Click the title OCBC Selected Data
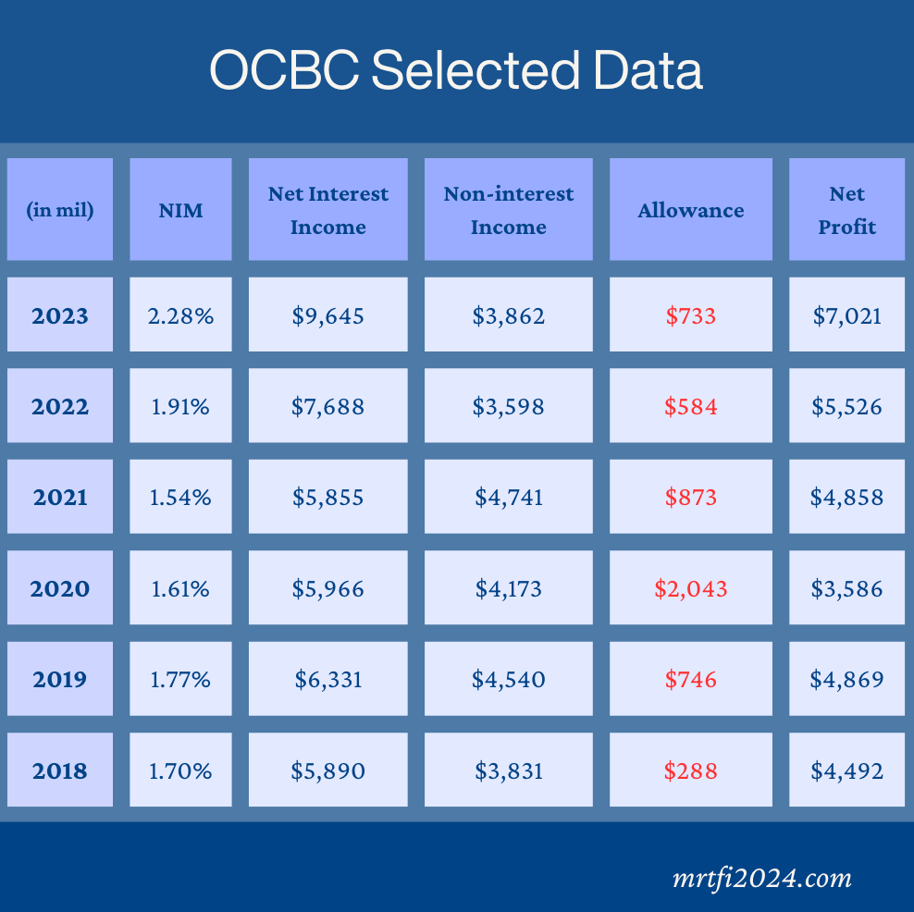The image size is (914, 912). pyautogui.click(x=456, y=71)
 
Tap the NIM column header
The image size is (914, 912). pyautogui.click(x=180, y=210)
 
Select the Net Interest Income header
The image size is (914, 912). pyautogui.click(x=328, y=210)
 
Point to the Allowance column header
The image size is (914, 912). pyautogui.click(x=690, y=210)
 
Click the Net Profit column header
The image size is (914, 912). pyautogui.click(x=846, y=210)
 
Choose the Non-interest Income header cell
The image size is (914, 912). pyautogui.click(x=509, y=210)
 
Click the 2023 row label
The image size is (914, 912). pyautogui.click(x=60, y=315)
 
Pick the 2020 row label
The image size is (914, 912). pyautogui.click(x=60, y=588)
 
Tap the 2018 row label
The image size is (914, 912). pyautogui.click(x=60, y=770)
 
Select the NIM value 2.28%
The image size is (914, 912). pyautogui.click(x=180, y=315)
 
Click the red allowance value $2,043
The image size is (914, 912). pyautogui.click(x=690, y=588)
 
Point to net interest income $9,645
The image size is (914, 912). pyautogui.click(x=328, y=315)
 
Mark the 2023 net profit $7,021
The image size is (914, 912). pyautogui.click(x=846, y=315)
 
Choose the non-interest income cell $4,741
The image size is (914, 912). pyautogui.click(x=509, y=497)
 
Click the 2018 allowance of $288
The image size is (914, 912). pyautogui.click(x=690, y=770)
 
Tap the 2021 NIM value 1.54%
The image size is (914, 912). pyautogui.click(x=180, y=497)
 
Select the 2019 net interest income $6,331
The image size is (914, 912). pyautogui.click(x=328, y=679)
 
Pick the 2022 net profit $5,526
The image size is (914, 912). pyautogui.click(x=846, y=406)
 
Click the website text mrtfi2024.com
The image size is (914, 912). pyautogui.click(x=761, y=877)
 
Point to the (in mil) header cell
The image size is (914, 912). pyautogui.click(x=60, y=210)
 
